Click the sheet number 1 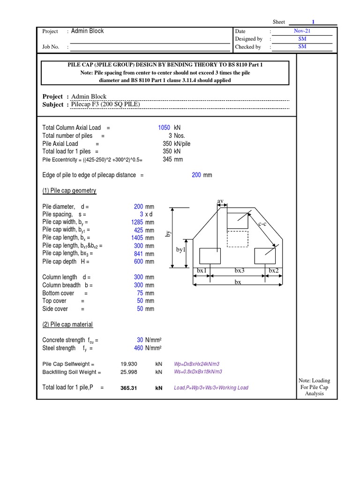click(313, 22)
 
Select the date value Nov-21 click(302, 30)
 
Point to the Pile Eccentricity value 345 click(167, 159)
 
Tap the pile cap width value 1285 click(137, 222)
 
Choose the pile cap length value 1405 click(137, 238)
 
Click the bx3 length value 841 click(139, 254)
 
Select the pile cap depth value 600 click(139, 262)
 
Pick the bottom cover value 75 click(140, 293)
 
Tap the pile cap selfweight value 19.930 click(129, 364)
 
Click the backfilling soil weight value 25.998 click(129, 372)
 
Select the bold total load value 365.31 click(128, 388)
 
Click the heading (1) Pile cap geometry click(69, 191)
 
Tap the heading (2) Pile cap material click(67, 324)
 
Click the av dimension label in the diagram click(220, 201)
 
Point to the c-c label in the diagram click(262, 224)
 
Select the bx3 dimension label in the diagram click(240, 271)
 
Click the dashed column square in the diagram click(237, 238)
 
